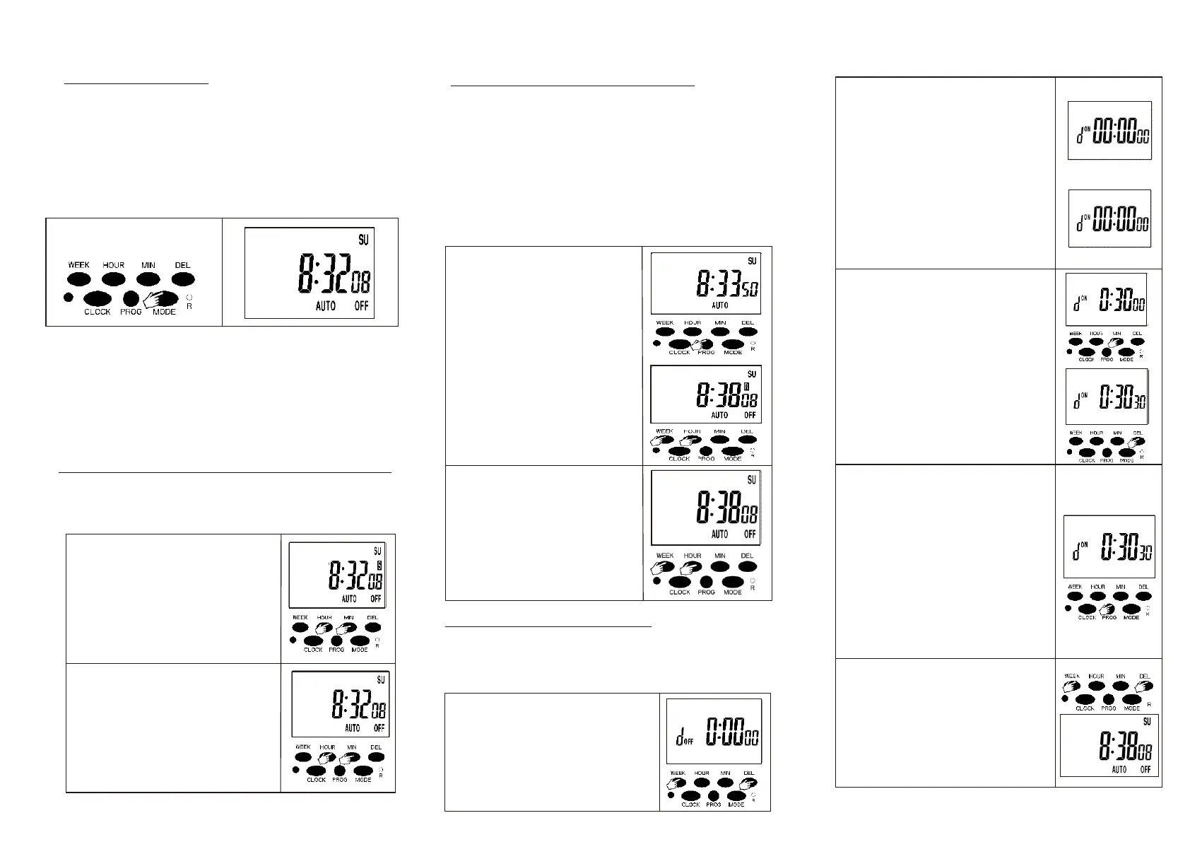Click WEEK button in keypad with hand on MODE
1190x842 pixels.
78,279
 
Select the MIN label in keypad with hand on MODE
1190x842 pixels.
148,265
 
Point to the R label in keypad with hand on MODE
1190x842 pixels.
189,306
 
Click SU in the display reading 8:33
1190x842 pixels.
752,261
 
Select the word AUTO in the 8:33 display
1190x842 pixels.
719,305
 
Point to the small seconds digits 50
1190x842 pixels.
750,291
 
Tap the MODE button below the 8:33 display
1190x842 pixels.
733,344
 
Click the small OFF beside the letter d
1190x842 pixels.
689,742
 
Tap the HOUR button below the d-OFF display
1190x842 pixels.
702,782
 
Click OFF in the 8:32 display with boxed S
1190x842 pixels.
376,598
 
